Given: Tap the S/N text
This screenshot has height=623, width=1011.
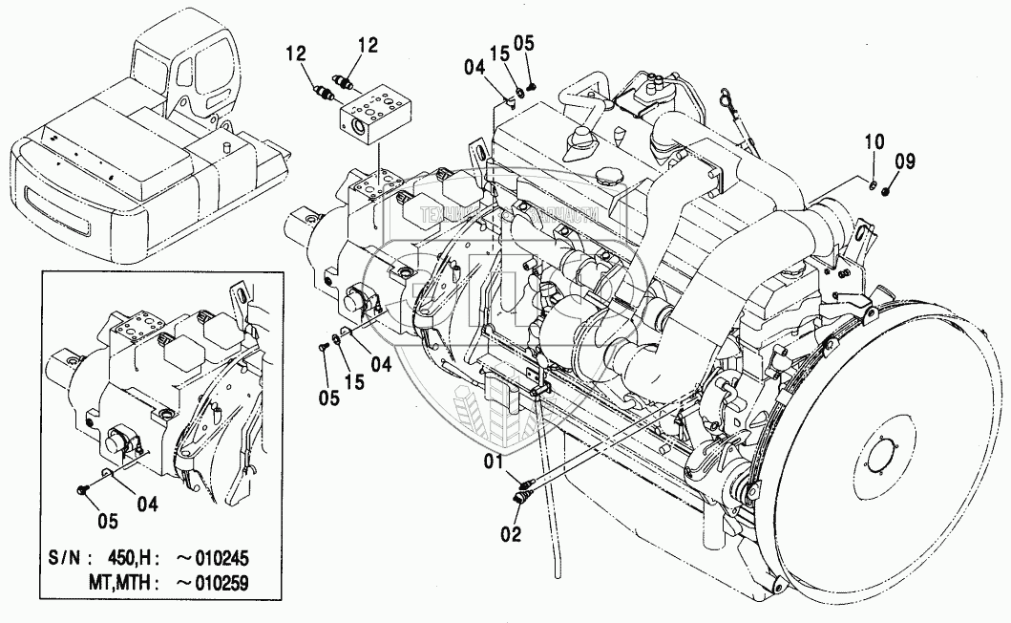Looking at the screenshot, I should (69, 559).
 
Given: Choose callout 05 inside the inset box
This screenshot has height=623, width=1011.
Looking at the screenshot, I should (107, 521).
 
